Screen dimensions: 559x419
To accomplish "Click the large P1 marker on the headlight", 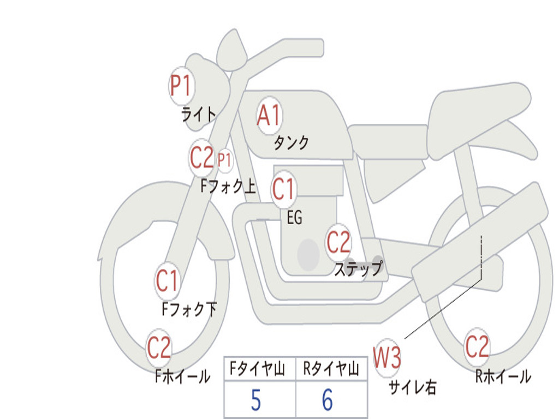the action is click(182, 86).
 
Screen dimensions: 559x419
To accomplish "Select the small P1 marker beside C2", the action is click(224, 160).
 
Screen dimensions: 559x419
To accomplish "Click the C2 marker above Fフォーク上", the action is click(202, 158).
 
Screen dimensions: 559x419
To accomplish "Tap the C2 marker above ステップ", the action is click(338, 242).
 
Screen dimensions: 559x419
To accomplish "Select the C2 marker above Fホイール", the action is click(159, 348).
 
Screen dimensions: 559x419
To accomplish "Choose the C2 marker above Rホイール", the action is click(477, 346).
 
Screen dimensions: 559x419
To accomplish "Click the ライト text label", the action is click(199, 115).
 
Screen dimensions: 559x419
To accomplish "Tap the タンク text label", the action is click(292, 142).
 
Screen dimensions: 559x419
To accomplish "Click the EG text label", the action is click(294, 217).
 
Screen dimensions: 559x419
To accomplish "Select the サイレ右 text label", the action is click(413, 387).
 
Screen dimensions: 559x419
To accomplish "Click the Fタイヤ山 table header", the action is click(258, 369).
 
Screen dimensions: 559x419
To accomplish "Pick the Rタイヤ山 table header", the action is click(331, 369).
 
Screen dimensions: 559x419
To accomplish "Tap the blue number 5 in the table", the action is click(256, 400).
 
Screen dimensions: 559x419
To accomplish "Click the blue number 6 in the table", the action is click(328, 400).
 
